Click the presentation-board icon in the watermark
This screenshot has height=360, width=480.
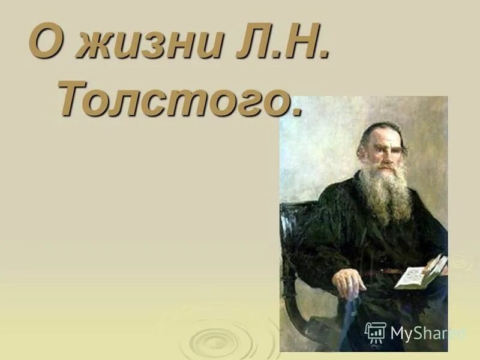point(375,332)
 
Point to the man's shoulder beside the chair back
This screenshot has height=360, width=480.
point(330,198)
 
